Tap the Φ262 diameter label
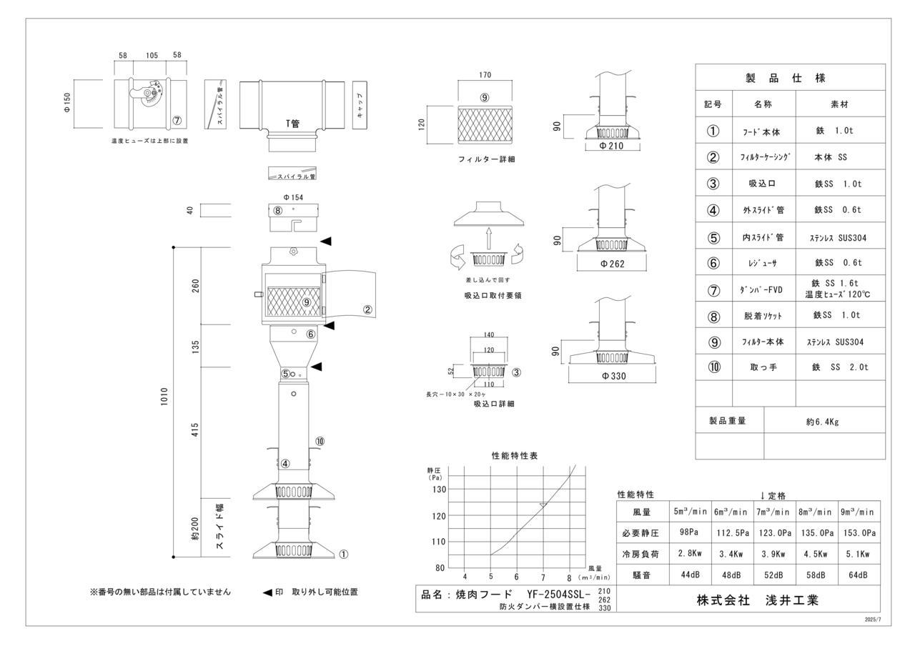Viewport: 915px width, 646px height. coord(613,262)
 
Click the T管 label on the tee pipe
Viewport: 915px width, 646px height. coord(292,123)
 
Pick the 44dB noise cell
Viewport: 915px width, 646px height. coord(688,575)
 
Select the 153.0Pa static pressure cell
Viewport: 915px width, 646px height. coord(859,532)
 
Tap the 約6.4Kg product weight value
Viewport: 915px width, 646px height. coord(821,422)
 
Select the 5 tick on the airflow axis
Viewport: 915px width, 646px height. coord(490,577)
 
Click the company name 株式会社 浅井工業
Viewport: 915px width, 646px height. coord(758,600)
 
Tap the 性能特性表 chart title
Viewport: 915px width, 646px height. coord(515,455)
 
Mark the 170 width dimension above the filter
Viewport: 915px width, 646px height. coord(485,75)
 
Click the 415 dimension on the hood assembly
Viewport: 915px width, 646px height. coord(196,430)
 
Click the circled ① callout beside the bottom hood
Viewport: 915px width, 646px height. coord(343,554)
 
